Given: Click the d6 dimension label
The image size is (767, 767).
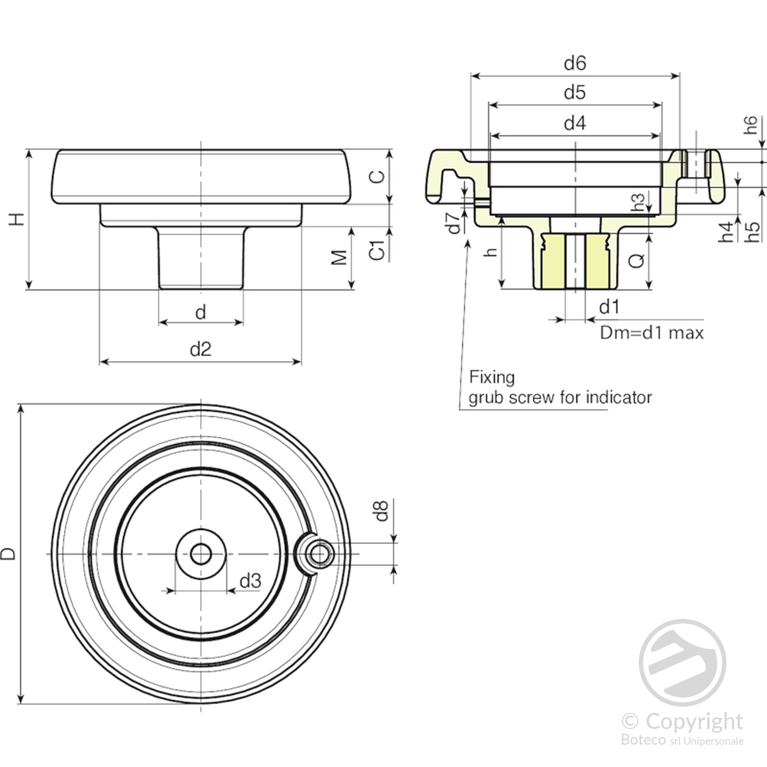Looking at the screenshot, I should (575, 63).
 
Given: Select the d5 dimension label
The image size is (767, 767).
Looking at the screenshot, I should (575, 93).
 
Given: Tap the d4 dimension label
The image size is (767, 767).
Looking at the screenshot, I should (575, 123).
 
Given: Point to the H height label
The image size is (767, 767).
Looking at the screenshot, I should (17, 219).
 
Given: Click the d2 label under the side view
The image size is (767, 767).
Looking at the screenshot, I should (200, 349).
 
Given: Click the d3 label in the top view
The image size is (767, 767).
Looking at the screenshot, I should (250, 581).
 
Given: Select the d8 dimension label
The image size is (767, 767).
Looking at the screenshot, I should (381, 511).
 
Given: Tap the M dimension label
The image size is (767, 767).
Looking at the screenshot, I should (339, 257).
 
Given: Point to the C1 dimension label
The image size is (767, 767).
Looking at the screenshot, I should (378, 250).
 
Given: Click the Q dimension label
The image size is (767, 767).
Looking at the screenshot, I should (637, 261).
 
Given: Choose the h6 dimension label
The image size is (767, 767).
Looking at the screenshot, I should (751, 125).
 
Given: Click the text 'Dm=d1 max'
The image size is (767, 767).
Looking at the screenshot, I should (651, 333).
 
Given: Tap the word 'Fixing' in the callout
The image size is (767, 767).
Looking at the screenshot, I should (491, 377).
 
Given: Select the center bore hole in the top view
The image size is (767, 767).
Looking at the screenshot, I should (200, 554).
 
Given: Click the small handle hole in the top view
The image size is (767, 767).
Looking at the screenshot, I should (319, 554).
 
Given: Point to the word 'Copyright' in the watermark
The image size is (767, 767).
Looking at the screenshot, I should (694, 721).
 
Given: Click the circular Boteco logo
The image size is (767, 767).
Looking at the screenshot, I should (682, 663).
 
